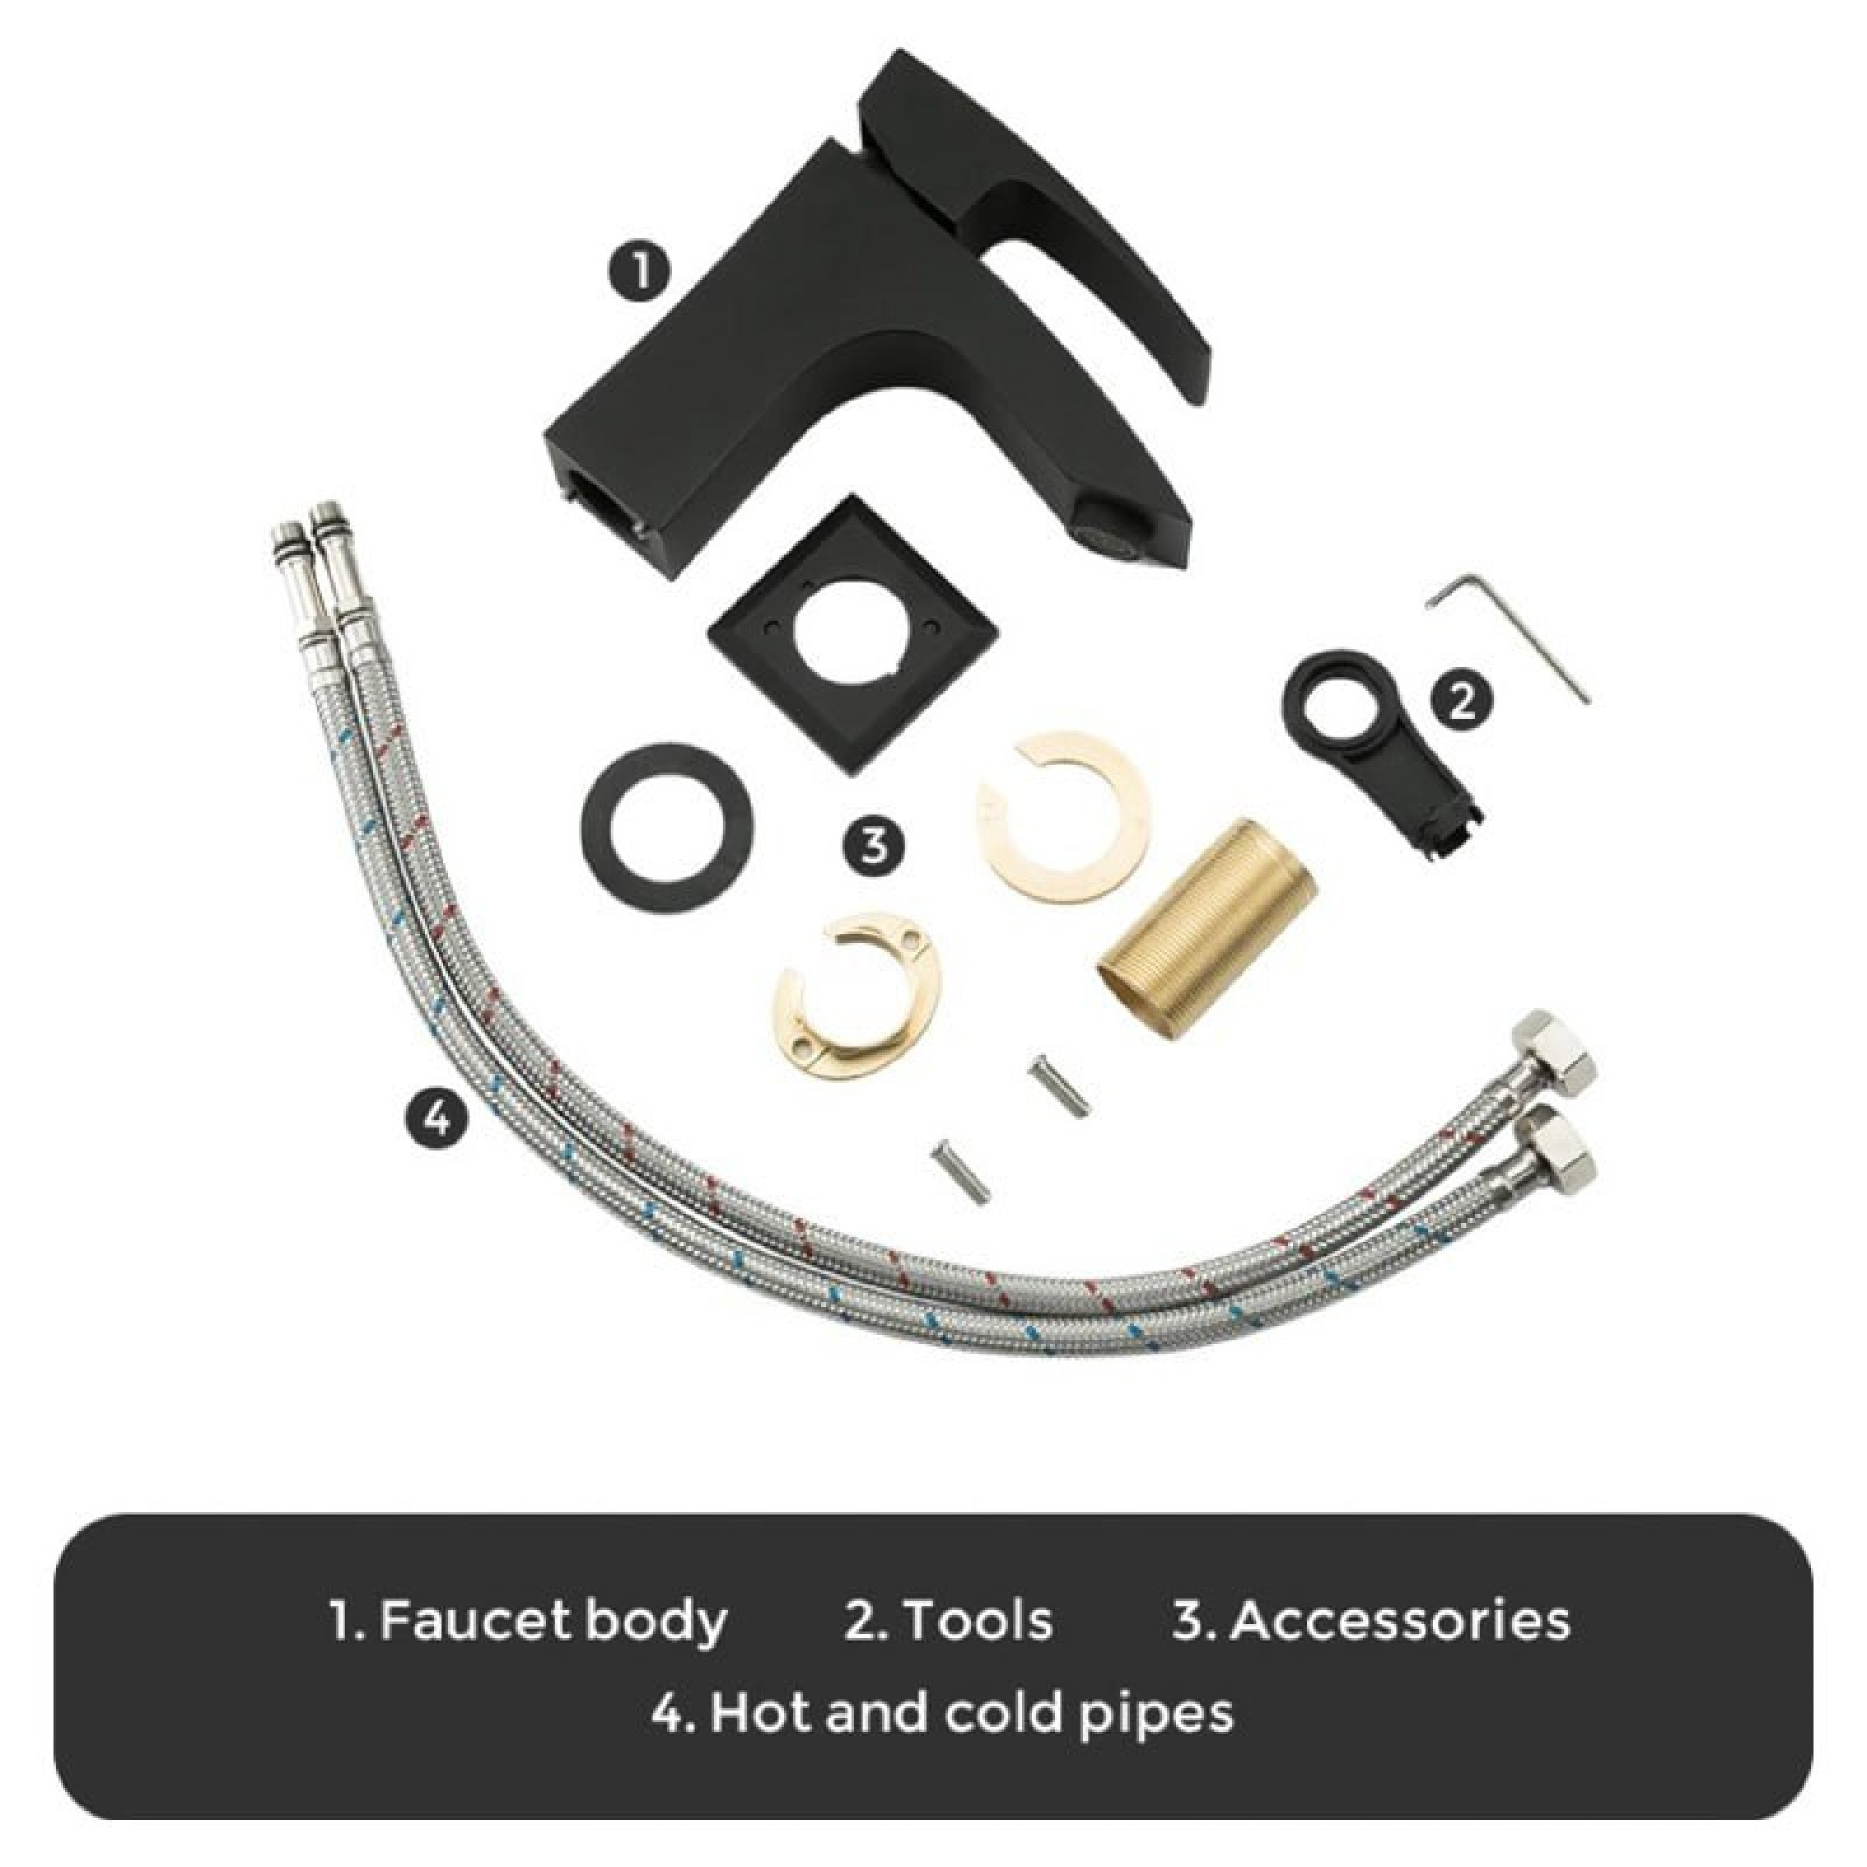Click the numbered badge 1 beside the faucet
[639, 270]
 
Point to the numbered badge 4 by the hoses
[438, 1118]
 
